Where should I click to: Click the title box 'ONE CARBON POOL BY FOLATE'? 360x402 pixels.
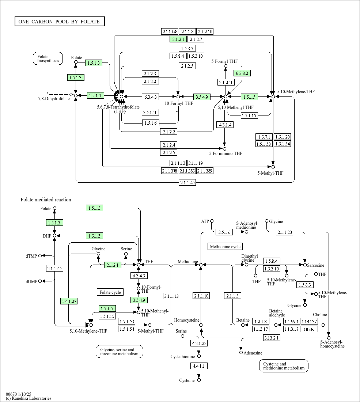click(60, 22)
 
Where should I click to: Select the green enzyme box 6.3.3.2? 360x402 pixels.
click(242, 73)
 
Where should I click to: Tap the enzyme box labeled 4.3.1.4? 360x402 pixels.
click(224, 125)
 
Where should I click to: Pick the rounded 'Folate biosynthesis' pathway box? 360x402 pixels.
click(48, 59)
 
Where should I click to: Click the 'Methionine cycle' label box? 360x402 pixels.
click(225, 247)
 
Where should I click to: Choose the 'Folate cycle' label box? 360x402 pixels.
click(110, 292)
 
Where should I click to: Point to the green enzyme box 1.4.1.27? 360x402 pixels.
click(69, 301)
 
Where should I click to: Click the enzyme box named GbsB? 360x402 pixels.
click(309, 329)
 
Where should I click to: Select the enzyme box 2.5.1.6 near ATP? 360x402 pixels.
click(224, 232)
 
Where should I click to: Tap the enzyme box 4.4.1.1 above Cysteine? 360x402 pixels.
click(199, 365)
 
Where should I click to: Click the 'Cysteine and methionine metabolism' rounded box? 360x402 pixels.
click(284, 366)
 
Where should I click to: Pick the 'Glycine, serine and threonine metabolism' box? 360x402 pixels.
click(119, 352)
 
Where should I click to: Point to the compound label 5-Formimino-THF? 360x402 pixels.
click(226, 154)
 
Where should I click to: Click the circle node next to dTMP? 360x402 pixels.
click(40, 256)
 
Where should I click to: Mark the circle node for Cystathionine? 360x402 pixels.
click(199, 356)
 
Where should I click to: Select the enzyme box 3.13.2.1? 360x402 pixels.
click(272, 338)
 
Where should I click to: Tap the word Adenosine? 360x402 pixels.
click(253, 353)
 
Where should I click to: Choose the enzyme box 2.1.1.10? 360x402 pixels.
click(201, 296)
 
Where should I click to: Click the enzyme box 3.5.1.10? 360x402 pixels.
click(150, 112)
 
